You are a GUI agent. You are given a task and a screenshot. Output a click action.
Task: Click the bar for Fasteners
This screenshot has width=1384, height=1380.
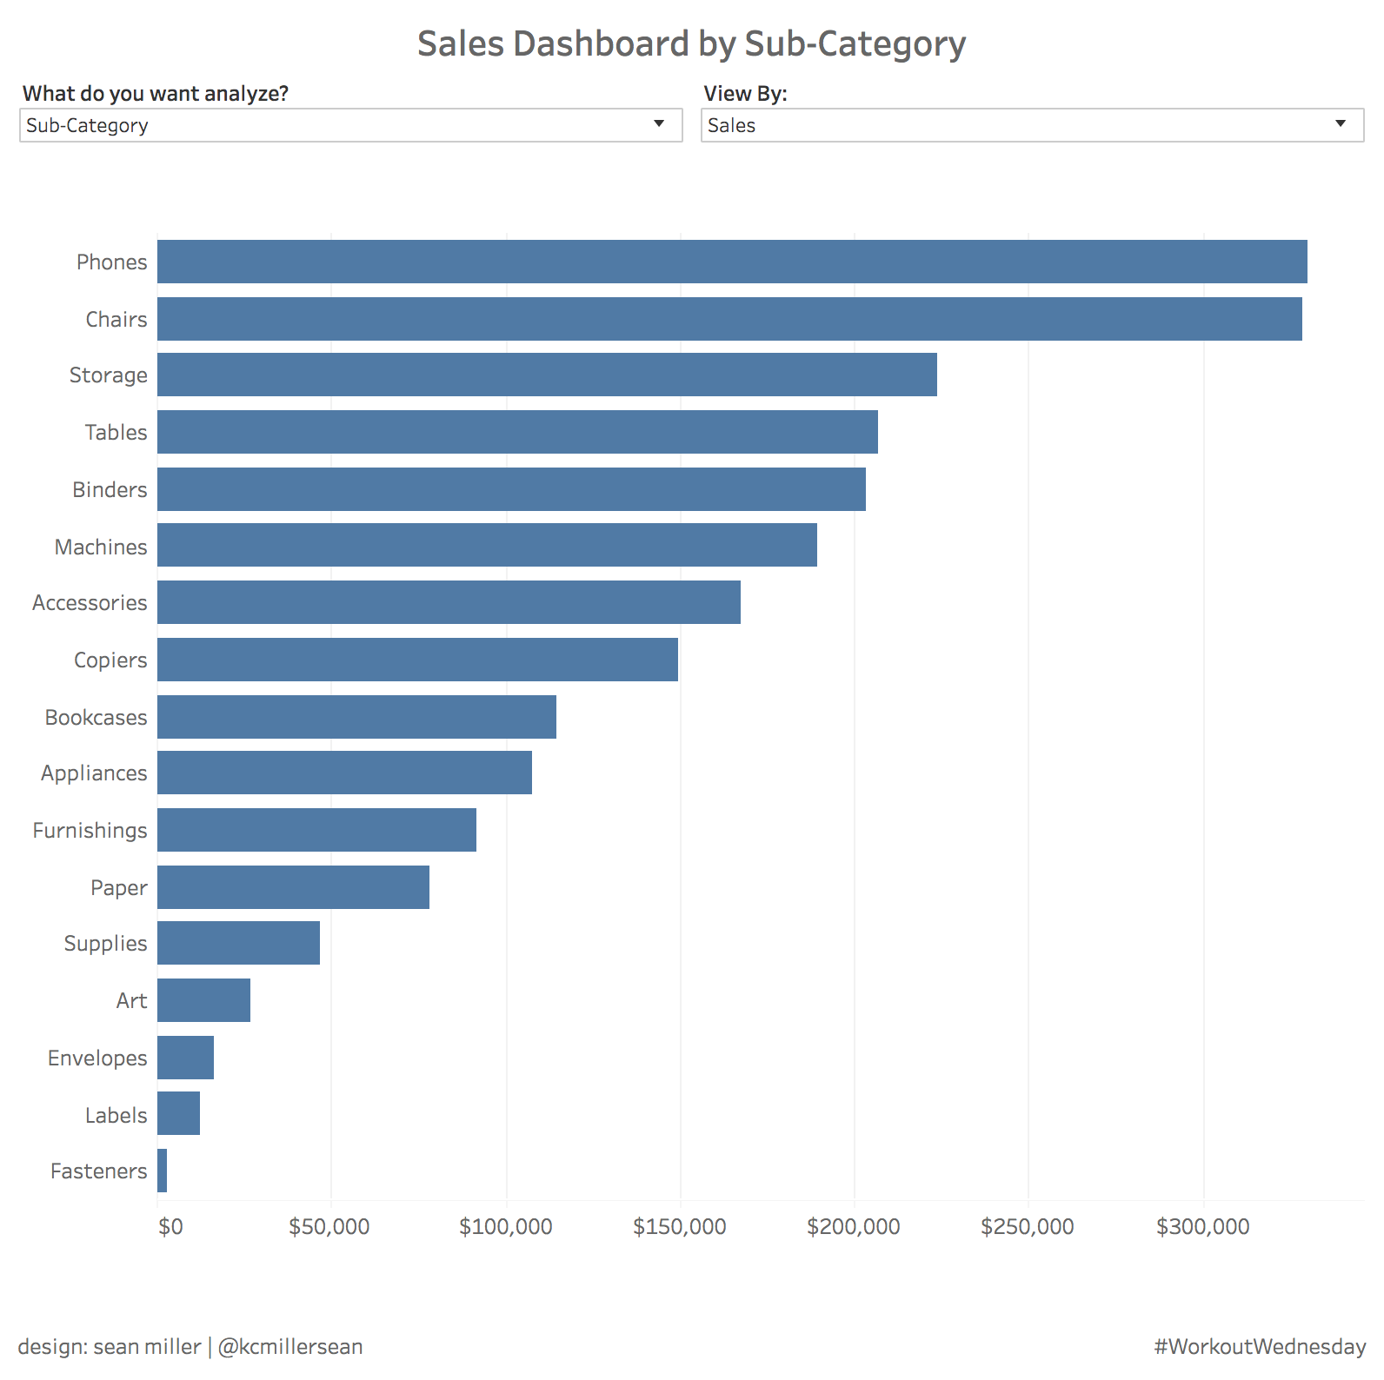tap(163, 1171)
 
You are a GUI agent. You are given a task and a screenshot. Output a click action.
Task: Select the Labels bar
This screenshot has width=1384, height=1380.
tap(179, 1113)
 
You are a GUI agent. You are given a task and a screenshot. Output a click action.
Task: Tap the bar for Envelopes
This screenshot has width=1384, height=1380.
tap(186, 1058)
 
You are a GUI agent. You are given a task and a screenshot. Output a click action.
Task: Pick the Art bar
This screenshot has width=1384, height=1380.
tap(204, 1000)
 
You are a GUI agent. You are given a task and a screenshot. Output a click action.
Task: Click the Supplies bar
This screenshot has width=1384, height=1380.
tap(239, 943)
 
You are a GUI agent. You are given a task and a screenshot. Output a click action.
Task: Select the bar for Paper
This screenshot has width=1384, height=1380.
tap(294, 887)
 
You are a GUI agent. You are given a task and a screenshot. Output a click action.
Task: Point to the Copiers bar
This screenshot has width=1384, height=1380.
tap(417, 660)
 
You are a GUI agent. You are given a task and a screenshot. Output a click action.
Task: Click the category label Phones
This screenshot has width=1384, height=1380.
tap(112, 262)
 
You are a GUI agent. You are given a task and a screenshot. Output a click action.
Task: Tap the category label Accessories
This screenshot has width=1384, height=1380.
tap(90, 603)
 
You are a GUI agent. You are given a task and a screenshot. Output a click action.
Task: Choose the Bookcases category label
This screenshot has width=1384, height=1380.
tap(96, 718)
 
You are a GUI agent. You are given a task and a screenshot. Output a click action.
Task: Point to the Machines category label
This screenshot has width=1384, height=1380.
tap(101, 547)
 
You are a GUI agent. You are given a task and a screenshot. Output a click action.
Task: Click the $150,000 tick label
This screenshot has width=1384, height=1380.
tap(680, 1227)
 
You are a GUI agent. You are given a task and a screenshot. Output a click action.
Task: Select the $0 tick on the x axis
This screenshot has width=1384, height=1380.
tap(171, 1227)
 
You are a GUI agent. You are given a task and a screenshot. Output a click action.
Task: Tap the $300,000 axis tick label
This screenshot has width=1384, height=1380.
tap(1203, 1227)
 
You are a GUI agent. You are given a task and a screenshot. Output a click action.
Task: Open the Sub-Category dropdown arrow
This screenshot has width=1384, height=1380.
tap(659, 124)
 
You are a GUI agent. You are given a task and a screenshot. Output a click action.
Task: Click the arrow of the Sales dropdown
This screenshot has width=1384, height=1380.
tap(1341, 124)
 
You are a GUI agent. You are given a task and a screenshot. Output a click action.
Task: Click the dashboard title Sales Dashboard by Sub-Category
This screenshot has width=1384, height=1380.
tap(692, 44)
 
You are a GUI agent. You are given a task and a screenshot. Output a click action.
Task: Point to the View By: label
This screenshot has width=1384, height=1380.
tap(745, 94)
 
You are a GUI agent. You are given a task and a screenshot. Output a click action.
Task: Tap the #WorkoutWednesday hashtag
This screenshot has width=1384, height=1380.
tap(1260, 1346)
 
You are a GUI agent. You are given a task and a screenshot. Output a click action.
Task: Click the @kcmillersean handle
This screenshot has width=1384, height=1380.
tap(290, 1346)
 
